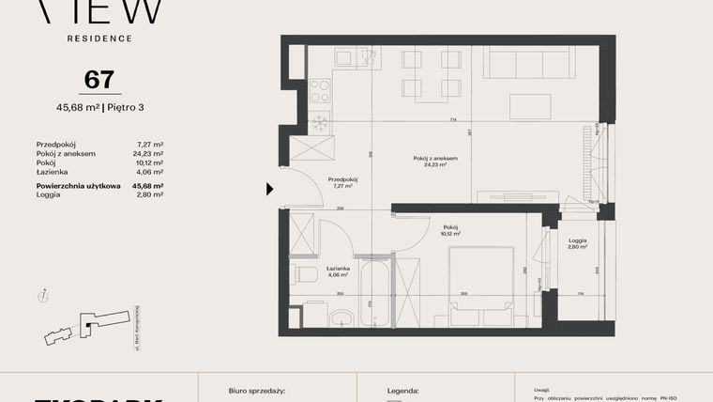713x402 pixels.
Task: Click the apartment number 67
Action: coord(93,80)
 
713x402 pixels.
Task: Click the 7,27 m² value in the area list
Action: coord(150,145)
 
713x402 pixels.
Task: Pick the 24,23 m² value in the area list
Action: coord(148,154)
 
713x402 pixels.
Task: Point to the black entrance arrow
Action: coord(270,189)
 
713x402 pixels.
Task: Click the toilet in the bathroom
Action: coord(307,274)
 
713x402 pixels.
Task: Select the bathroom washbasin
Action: coord(343,317)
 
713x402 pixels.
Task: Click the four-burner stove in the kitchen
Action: coord(320,90)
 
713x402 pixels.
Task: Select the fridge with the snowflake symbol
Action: coord(318,121)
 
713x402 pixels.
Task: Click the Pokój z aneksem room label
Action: coord(434,159)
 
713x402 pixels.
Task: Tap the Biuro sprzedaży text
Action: coord(256,389)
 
